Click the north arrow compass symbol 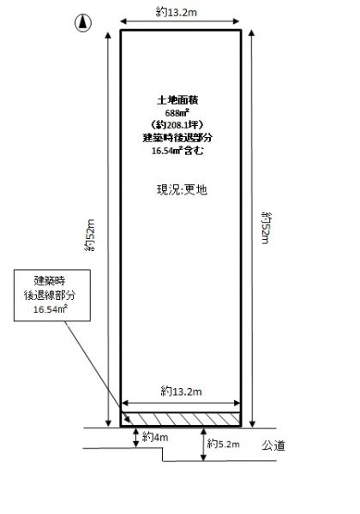(83, 23)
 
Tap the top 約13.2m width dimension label (177, 13)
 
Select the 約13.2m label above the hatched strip (182, 391)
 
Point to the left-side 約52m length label (89, 235)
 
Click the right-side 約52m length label (265, 228)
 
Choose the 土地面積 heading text (177, 100)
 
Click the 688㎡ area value (177, 113)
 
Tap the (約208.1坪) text (177, 125)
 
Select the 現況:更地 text (182, 189)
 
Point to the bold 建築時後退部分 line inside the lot (177, 138)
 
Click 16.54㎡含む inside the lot (177, 151)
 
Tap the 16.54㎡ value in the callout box (51, 308)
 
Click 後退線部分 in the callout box (50, 295)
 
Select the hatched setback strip (181, 419)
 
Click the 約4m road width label (155, 437)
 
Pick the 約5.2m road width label (224, 444)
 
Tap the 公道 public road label (273, 445)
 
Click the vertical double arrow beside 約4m (136, 438)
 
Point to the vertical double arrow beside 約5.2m (204, 445)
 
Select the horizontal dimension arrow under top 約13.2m (180, 21)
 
